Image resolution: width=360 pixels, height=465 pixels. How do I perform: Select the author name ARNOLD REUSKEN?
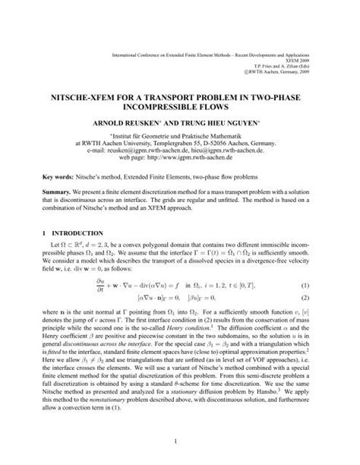tap(125, 122)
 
